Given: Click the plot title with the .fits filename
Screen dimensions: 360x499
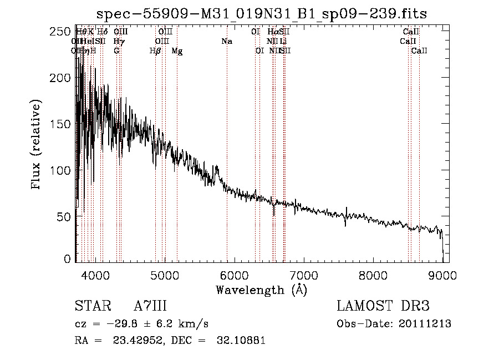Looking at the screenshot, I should click(262, 14).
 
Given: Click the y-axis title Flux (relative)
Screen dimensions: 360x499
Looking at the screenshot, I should click(37, 145).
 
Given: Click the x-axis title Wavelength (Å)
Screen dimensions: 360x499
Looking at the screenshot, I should click(261, 290).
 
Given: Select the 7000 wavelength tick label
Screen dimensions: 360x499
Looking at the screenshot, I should click(303, 275).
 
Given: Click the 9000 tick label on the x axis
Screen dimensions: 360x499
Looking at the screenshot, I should click(442, 275).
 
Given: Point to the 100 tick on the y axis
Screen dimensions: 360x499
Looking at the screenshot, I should click(63, 169).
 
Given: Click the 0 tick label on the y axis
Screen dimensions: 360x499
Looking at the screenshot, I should click(68, 259).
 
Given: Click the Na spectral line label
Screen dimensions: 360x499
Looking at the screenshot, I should click(226, 41).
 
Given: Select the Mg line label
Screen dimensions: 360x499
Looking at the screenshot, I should click(177, 50).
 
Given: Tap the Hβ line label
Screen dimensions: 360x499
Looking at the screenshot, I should click(155, 50).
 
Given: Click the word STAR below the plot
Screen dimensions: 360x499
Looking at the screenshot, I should click(91, 306).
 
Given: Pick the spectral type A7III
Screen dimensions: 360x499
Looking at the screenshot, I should click(150, 306).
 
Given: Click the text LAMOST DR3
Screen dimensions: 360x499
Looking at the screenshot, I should click(383, 306).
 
